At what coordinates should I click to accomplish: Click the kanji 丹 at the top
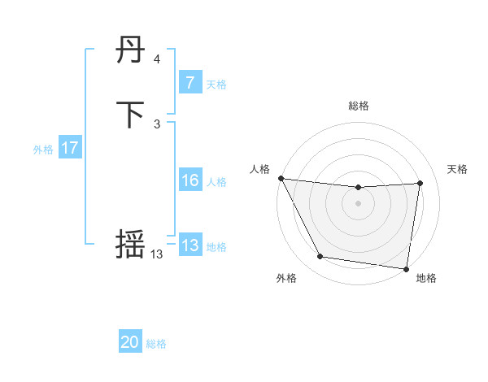click(131, 52)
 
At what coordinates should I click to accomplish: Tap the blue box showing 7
click(190, 83)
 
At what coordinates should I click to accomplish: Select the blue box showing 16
click(190, 180)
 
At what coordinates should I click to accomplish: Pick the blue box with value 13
click(190, 245)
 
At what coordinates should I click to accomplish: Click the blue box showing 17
click(70, 148)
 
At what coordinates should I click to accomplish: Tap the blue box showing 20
click(130, 342)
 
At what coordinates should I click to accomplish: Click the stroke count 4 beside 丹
click(157, 59)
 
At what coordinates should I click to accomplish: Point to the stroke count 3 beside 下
click(157, 124)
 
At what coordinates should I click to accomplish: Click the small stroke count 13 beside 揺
click(156, 254)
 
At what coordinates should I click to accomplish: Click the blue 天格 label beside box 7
click(216, 84)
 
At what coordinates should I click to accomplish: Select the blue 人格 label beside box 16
click(216, 182)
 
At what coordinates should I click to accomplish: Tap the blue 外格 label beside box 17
click(43, 150)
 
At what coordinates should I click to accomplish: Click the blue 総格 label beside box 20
click(156, 344)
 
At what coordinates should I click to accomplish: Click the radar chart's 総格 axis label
click(359, 106)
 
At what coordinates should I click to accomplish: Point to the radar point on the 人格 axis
click(281, 178)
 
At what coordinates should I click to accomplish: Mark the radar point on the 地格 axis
click(407, 268)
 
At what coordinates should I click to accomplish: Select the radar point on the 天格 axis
click(420, 183)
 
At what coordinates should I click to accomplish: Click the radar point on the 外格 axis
click(320, 258)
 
